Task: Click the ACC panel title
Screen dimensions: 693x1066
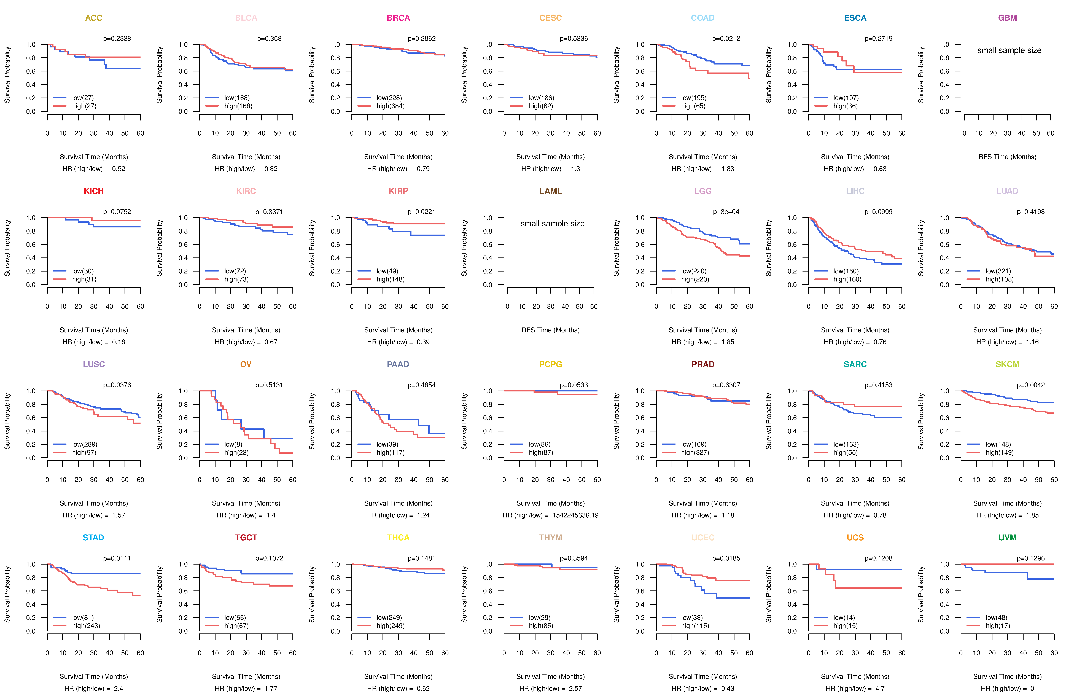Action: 94,18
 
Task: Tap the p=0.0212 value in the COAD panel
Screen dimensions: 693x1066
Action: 726,39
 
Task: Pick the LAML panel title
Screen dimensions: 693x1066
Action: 550,191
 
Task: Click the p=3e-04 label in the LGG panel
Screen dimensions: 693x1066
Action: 726,212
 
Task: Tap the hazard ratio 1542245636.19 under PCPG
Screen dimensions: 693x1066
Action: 575,515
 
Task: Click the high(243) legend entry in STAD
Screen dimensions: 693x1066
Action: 86,626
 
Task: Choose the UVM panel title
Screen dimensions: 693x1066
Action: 1007,538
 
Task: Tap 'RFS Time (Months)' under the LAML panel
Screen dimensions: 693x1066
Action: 550,330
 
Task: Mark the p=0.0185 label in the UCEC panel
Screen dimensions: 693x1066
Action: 726,558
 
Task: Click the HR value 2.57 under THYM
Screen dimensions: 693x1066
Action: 575,689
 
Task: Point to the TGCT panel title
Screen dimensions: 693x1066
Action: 246,538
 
